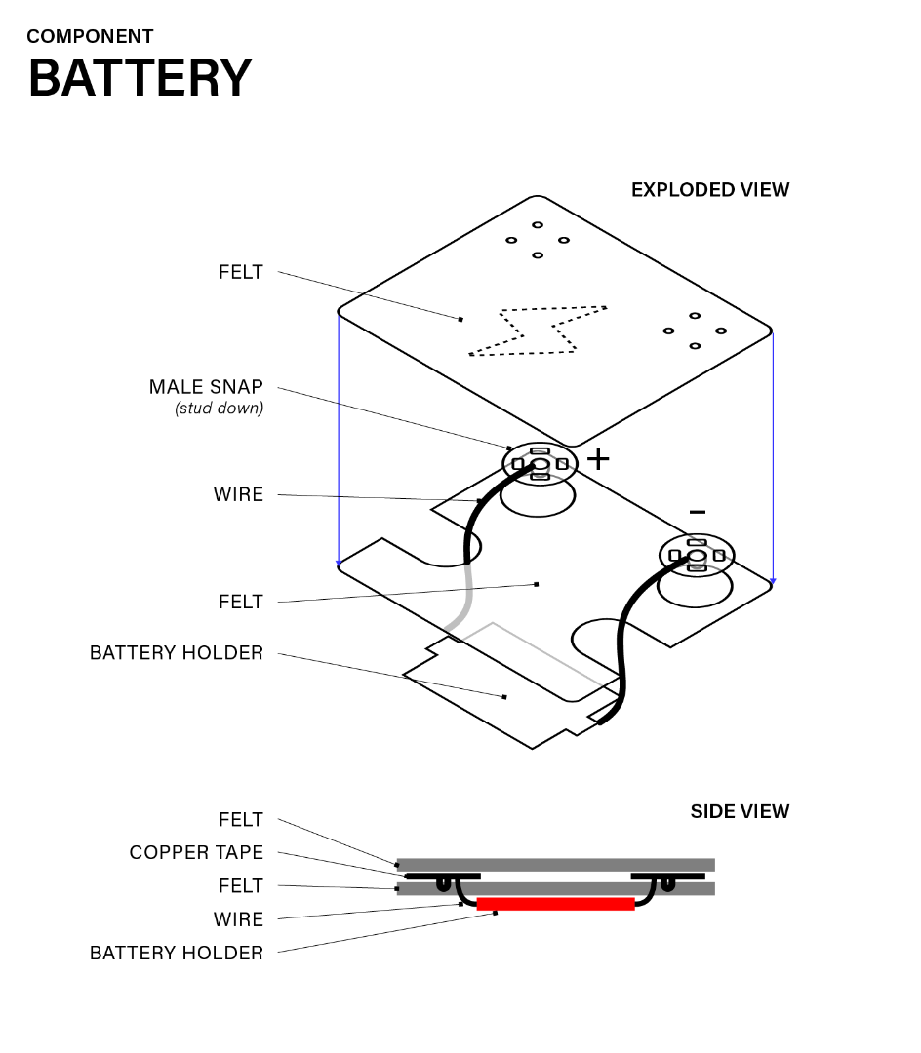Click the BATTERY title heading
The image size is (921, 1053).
tap(140, 78)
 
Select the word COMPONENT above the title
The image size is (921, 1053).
tap(90, 37)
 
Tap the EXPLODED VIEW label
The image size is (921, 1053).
tap(709, 190)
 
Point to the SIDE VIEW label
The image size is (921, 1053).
tap(740, 811)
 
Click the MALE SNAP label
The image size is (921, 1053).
tap(206, 387)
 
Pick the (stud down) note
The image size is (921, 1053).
tap(219, 409)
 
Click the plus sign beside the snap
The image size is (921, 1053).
tap(597, 458)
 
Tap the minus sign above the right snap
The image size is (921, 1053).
tap(697, 512)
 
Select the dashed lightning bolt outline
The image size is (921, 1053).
tap(537, 331)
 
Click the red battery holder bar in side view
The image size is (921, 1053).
tap(555, 904)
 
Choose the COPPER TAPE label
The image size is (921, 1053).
tap(196, 853)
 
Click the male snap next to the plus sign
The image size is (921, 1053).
tap(540, 463)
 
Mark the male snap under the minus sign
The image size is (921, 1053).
tap(697, 556)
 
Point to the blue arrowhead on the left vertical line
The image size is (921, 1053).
tap(339, 563)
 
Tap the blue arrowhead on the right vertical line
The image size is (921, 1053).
tap(773, 581)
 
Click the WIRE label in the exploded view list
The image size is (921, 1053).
tap(238, 494)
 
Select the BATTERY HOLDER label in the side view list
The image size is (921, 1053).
tap(176, 953)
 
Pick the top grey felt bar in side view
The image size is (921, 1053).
tap(555, 865)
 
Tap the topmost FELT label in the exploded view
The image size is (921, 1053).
tap(240, 272)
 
